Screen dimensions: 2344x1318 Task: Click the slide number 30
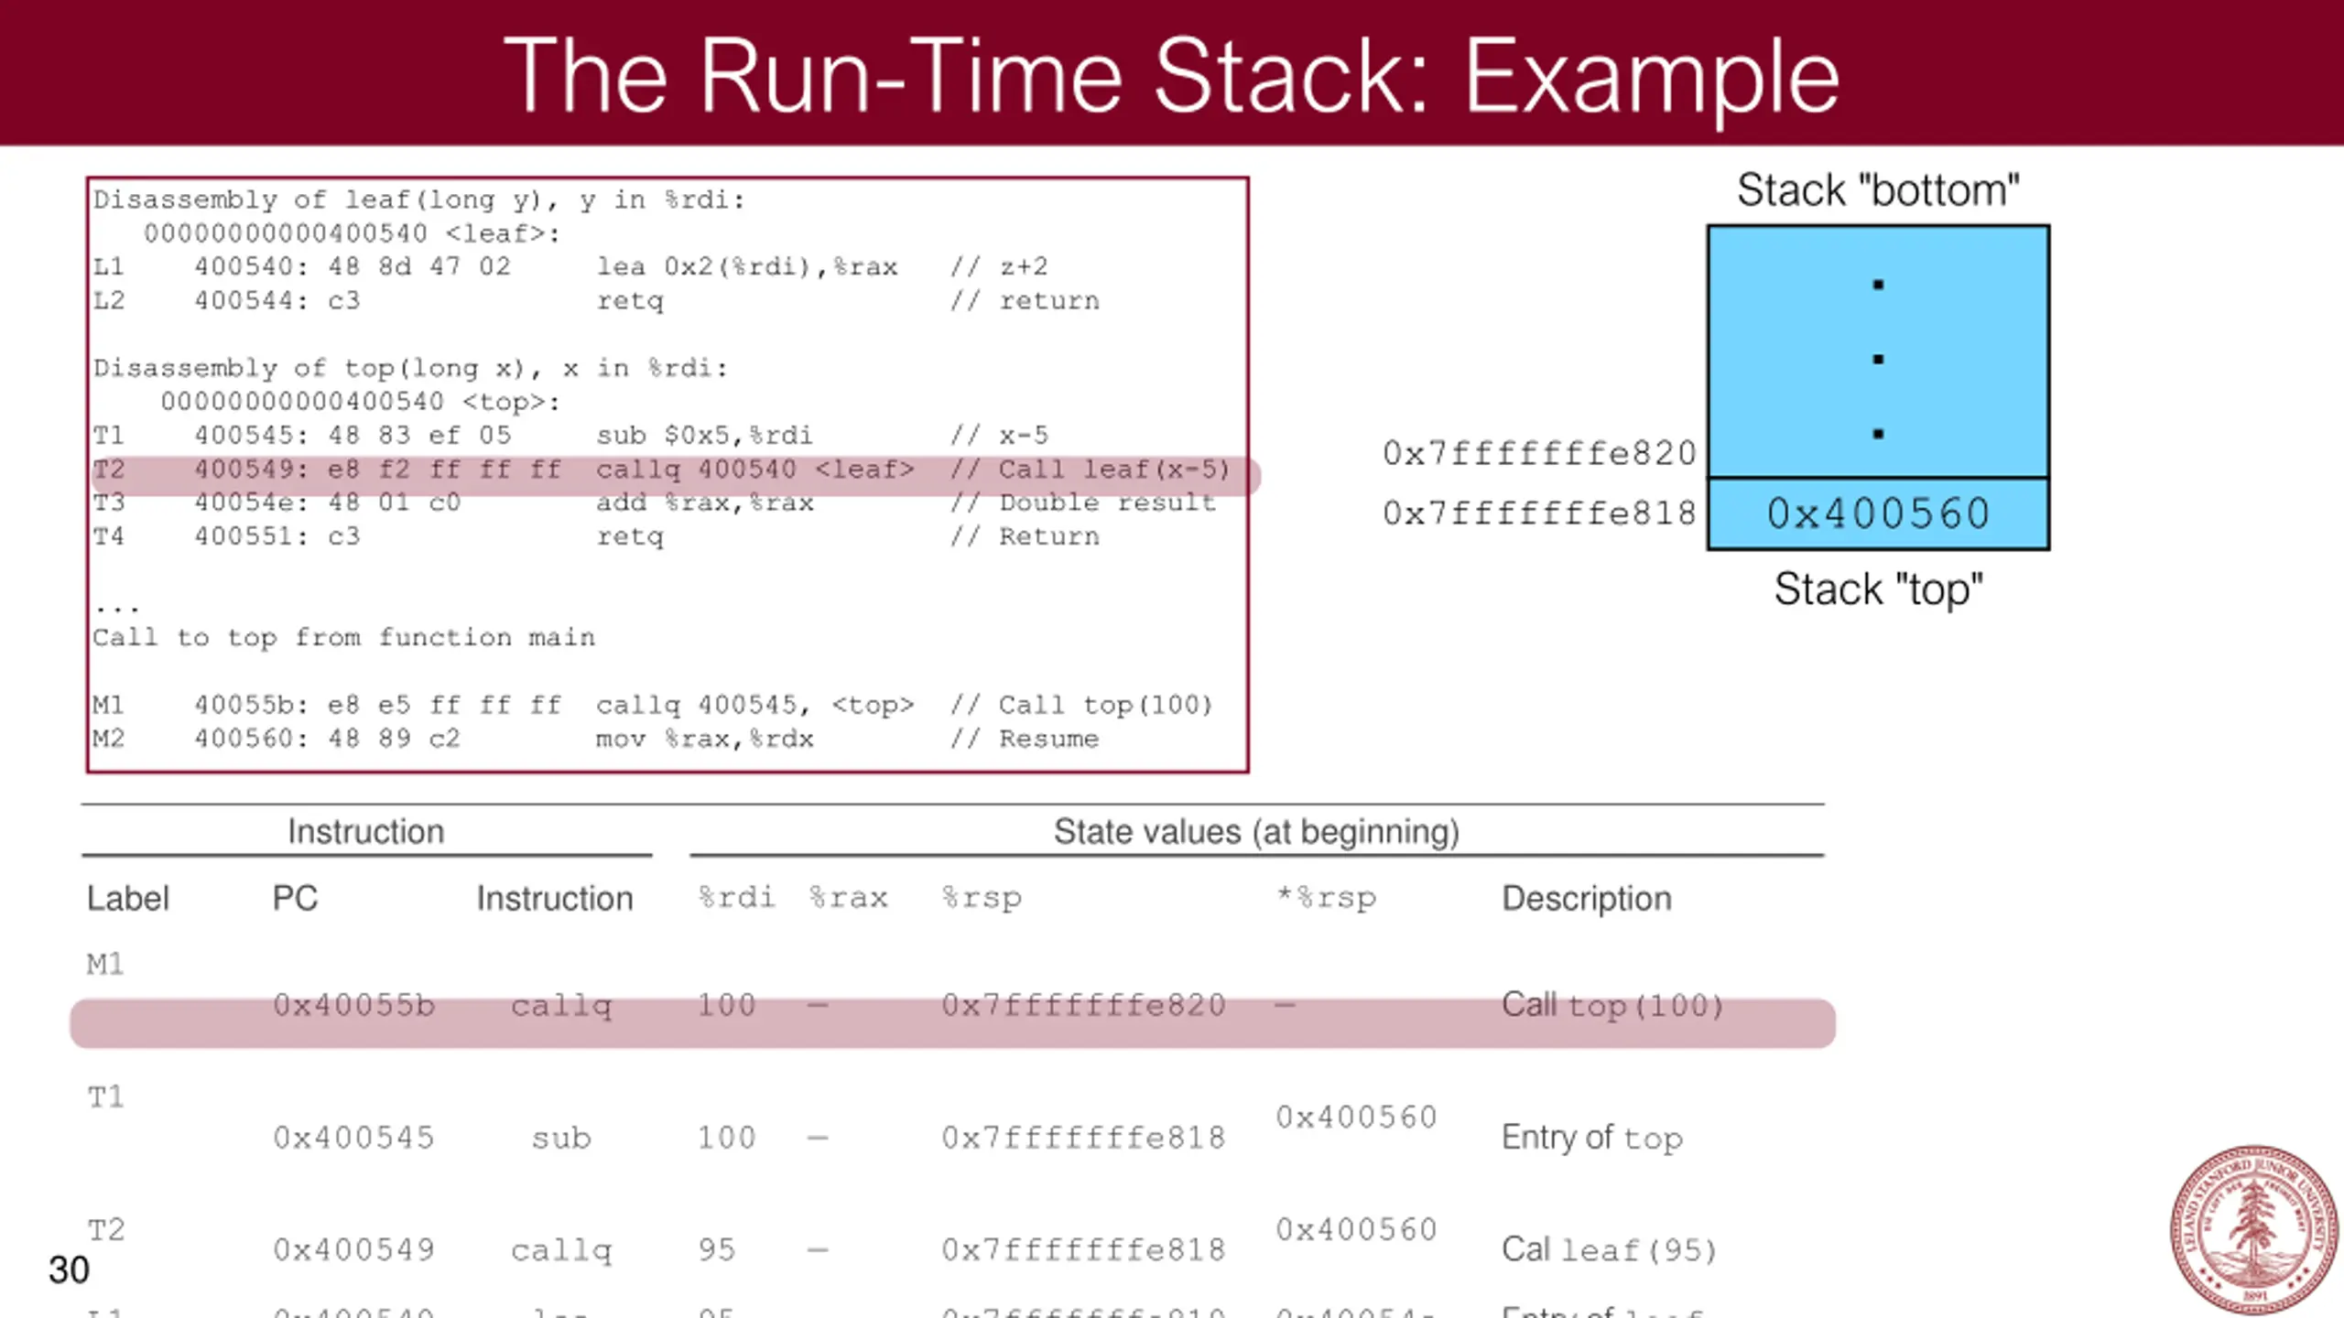click(69, 1269)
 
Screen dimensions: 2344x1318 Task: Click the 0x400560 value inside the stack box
click(1878, 513)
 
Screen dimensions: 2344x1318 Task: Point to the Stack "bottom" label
click(1878, 190)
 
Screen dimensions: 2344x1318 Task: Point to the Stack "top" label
click(1878, 589)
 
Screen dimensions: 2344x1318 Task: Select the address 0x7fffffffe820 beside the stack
click(1539, 453)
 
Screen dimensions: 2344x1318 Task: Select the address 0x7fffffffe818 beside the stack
click(1539, 513)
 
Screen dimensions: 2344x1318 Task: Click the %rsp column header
click(982, 898)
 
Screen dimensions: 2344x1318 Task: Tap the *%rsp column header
click(1327, 898)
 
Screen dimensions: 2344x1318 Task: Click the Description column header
click(1587, 898)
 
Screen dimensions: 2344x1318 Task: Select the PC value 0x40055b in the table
click(354, 1005)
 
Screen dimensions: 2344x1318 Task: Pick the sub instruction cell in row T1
click(561, 1138)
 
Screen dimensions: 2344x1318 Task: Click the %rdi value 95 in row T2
click(717, 1249)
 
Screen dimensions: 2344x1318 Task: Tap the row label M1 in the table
click(105, 964)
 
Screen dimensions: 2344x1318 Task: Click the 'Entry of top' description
click(1592, 1138)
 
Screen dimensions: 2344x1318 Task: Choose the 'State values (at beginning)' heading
click(1256, 831)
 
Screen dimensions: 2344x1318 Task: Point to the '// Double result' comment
click(1083, 502)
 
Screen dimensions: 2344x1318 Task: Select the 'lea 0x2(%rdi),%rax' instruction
click(747, 266)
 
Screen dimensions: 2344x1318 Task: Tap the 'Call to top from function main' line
click(343, 637)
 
